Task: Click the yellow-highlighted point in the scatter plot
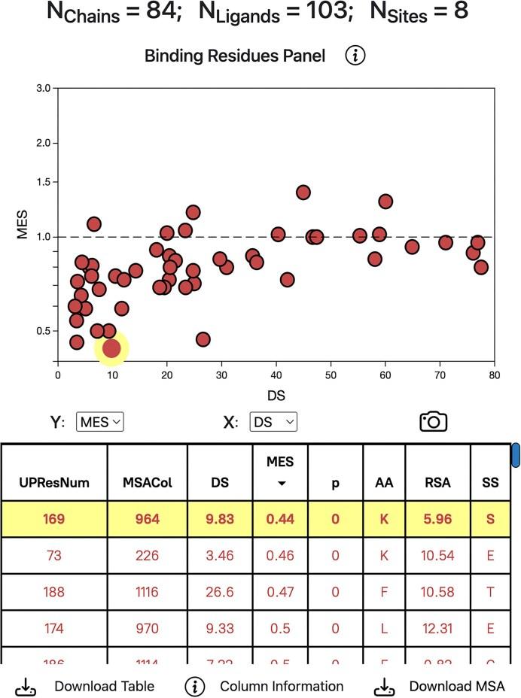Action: coord(111,348)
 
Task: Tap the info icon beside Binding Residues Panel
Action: coord(356,56)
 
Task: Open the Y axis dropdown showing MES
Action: coord(99,423)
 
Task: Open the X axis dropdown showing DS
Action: coord(273,423)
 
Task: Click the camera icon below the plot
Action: coord(433,422)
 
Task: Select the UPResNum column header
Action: coord(53,483)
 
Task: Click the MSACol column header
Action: coord(148,483)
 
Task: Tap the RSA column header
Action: coord(437,483)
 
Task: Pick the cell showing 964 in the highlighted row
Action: coord(148,518)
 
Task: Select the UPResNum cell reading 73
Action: coord(53,555)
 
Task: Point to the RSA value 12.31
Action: coord(437,629)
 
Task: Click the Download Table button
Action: coord(86,686)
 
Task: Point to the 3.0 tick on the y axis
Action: coord(44,88)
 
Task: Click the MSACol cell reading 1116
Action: coord(148,592)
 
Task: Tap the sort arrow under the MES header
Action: coord(282,484)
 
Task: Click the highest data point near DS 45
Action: coord(303,192)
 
